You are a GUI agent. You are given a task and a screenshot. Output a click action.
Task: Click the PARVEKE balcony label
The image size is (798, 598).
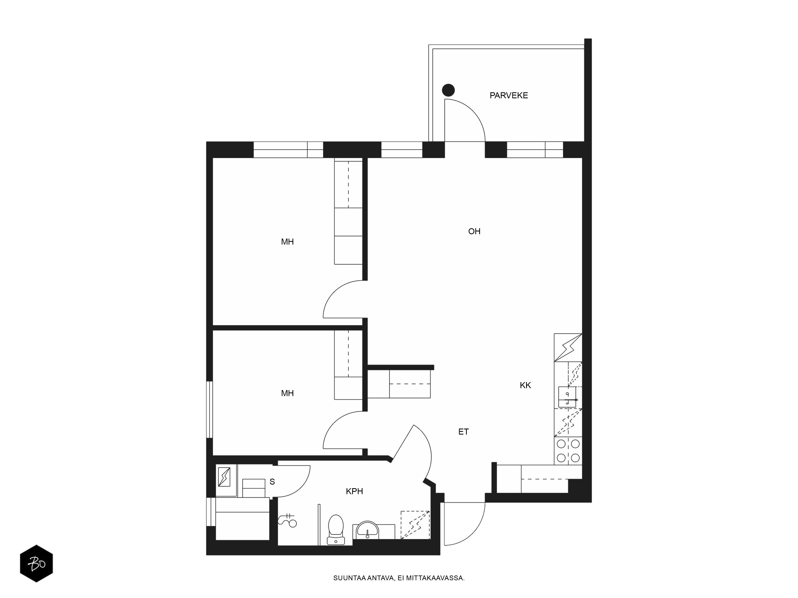509,95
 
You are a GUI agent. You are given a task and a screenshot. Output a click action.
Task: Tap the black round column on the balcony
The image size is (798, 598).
448,90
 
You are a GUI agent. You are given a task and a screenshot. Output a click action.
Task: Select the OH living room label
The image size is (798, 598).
474,231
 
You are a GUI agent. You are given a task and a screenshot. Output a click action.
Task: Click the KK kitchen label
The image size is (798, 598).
525,385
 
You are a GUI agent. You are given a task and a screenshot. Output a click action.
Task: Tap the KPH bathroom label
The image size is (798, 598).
354,491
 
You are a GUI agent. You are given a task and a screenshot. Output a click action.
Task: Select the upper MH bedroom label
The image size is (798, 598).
287,242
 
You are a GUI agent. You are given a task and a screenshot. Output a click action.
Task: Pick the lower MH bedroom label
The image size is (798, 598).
287,393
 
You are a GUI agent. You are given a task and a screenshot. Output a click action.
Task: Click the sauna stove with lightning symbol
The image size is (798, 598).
224,477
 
